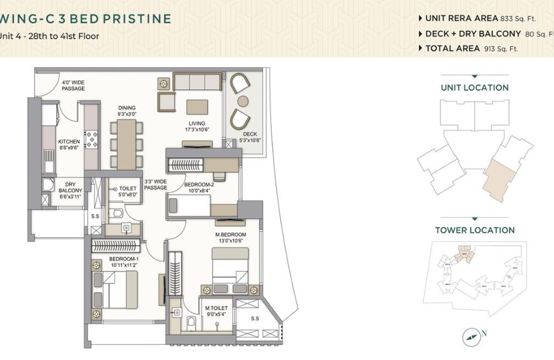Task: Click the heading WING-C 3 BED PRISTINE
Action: pyautogui.click(x=85, y=18)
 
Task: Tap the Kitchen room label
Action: pyautogui.click(x=68, y=145)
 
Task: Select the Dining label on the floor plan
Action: pyautogui.click(x=127, y=111)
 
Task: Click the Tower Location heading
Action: pyautogui.click(x=474, y=230)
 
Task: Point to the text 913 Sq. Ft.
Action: pyautogui.click(x=501, y=48)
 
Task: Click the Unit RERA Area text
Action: pyautogui.click(x=461, y=19)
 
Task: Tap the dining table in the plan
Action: pyautogui.click(x=127, y=144)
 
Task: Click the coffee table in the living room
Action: pyautogui.click(x=198, y=106)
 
